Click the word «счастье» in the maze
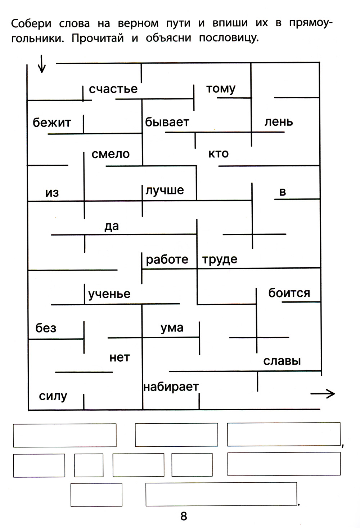(113, 89)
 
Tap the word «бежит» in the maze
(52, 123)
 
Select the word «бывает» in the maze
(167, 122)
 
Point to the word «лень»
(279, 122)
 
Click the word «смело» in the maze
(111, 154)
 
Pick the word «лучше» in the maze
(165, 190)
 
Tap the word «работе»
(167, 259)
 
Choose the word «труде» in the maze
(220, 259)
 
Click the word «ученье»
(109, 294)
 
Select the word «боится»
(289, 293)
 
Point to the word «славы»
(282, 361)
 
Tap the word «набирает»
(171, 387)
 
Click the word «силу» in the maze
(53, 396)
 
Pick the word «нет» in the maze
(120, 358)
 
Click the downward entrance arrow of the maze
(42, 64)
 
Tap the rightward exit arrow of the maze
(323, 394)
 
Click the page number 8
(184, 516)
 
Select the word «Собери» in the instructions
(31, 23)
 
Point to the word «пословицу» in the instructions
(229, 38)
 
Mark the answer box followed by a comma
(284, 434)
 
